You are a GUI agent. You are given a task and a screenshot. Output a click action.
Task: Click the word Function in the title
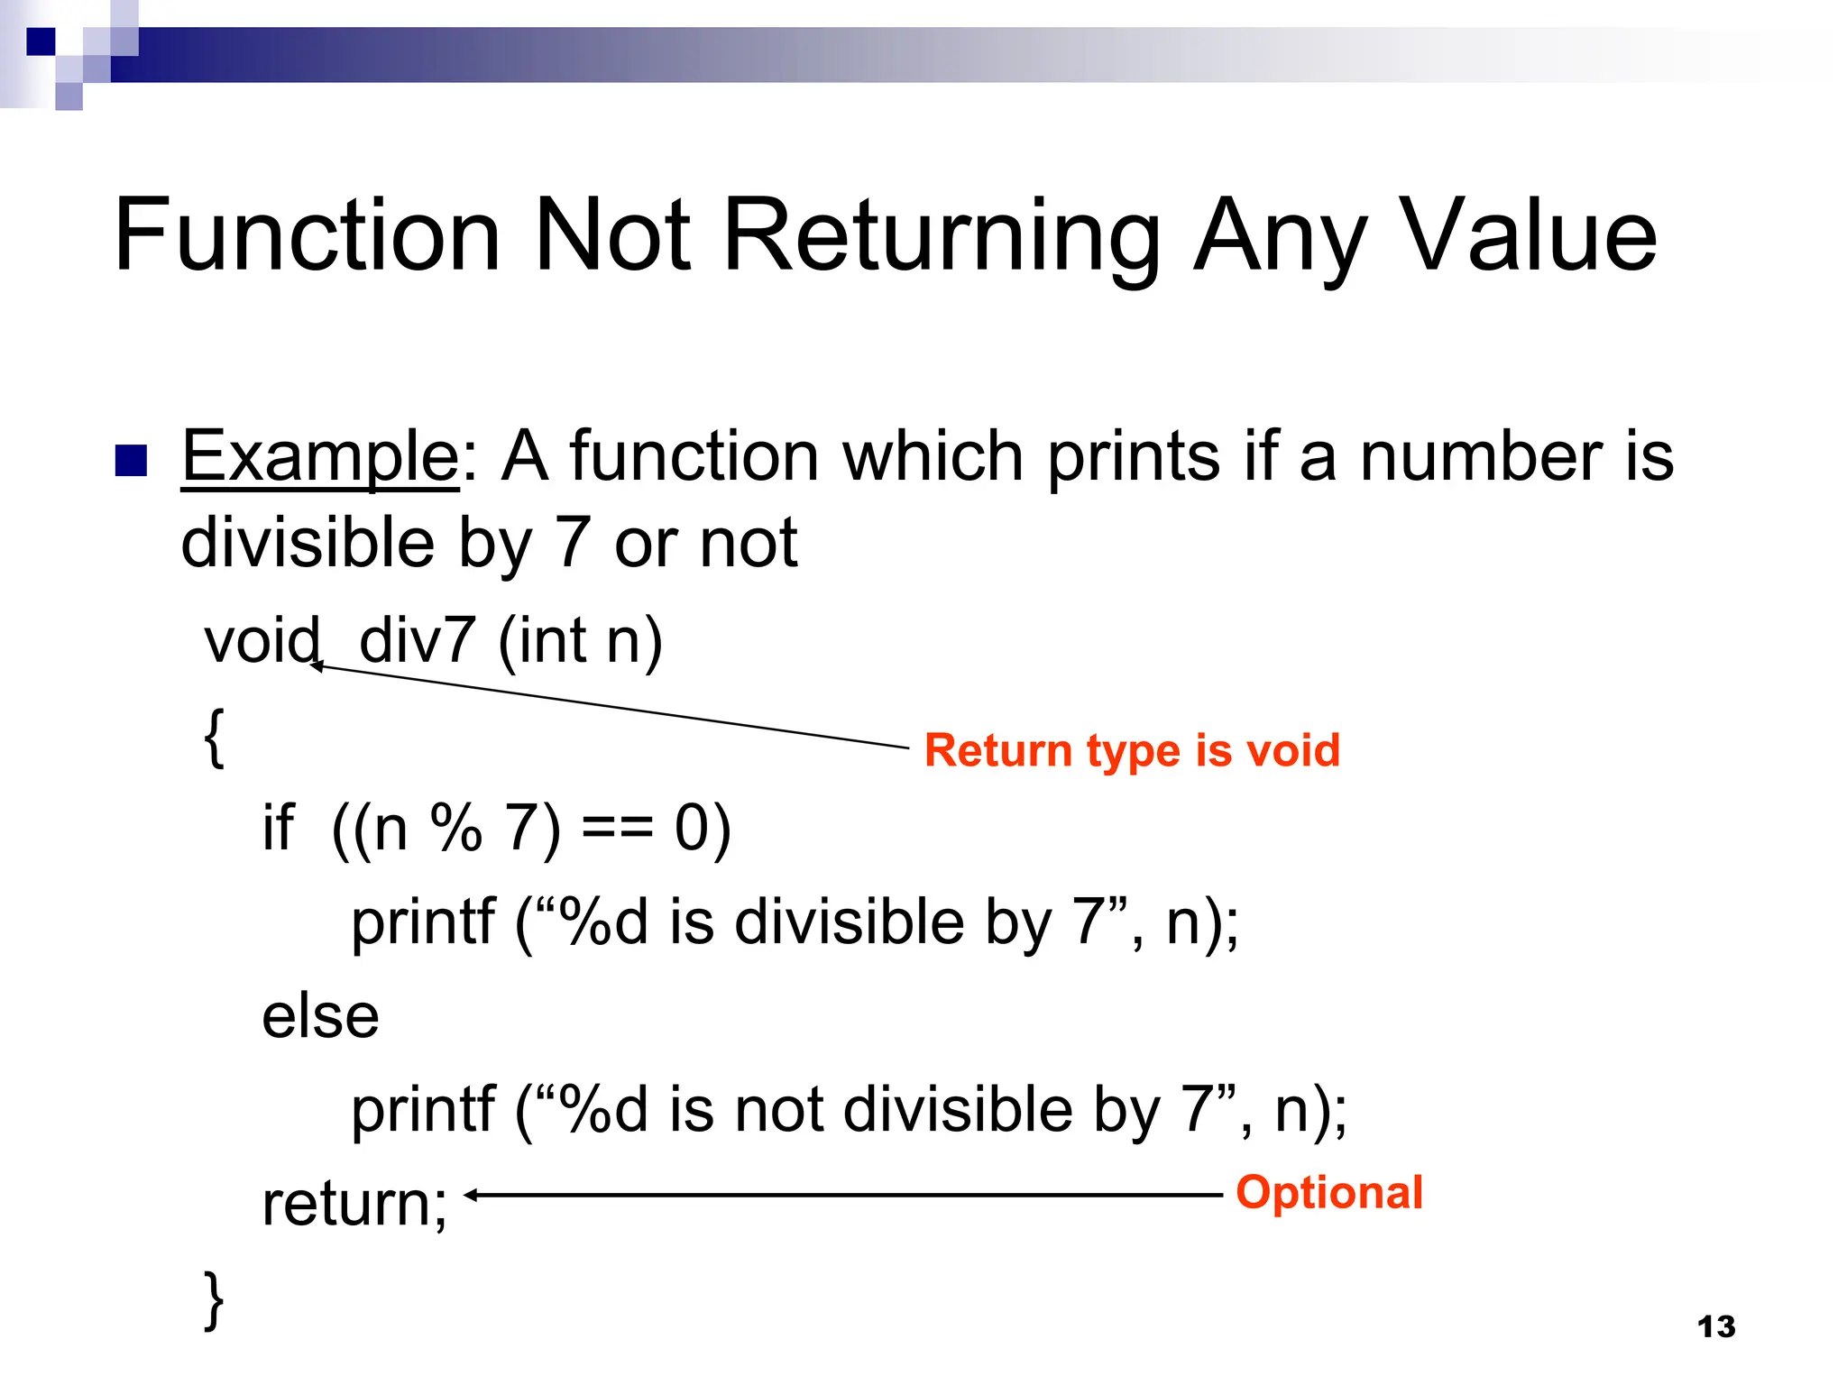[307, 235]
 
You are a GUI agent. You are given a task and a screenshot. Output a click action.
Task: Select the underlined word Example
[320, 456]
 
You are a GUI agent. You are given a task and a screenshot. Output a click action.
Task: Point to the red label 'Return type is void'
[1132, 750]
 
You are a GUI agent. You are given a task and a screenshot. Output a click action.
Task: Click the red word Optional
[1328, 1192]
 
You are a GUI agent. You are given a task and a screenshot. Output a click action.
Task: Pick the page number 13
[1715, 1326]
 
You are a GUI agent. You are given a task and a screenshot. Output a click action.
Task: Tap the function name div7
[417, 641]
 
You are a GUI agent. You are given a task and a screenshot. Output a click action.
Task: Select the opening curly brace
[214, 737]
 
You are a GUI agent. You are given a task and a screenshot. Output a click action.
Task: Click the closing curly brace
[214, 1299]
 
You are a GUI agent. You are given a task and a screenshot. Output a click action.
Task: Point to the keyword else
[320, 1016]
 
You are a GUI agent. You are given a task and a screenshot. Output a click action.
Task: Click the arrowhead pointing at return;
[471, 1196]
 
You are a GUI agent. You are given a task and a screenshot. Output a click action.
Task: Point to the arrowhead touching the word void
[316, 666]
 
